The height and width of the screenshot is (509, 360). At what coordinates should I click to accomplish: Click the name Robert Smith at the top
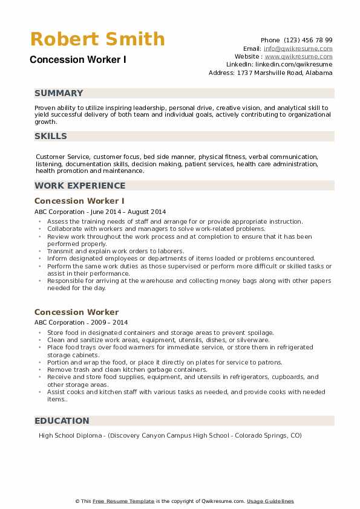pos(97,39)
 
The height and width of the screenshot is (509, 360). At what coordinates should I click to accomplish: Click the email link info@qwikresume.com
pos(298,48)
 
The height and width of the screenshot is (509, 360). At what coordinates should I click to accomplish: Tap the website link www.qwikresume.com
pos(299,56)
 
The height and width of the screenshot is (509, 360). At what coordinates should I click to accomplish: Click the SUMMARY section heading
pos(59,93)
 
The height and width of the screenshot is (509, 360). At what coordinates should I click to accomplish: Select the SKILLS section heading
pos(51,136)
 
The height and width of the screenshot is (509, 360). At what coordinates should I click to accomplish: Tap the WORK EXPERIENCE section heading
pos(80,186)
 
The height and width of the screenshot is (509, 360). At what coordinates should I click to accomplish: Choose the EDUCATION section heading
pos(62,421)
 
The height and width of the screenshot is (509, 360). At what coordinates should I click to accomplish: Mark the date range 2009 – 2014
pos(108,323)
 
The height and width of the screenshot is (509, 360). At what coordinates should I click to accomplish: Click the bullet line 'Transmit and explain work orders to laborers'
pos(116,251)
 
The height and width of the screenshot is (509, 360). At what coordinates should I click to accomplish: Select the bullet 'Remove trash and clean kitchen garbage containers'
pos(127,369)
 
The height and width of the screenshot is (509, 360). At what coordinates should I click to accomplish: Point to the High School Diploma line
pos(169,436)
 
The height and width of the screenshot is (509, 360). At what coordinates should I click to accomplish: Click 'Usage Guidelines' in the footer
pos(270,501)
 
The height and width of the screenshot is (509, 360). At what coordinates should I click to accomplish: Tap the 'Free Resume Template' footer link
pos(123,501)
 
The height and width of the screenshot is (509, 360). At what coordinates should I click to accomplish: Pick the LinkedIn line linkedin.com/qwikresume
pos(279,64)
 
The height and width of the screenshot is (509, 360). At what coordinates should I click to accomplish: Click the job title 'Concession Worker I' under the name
pos(77,60)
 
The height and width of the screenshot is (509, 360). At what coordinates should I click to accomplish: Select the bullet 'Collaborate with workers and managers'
pos(156,229)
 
